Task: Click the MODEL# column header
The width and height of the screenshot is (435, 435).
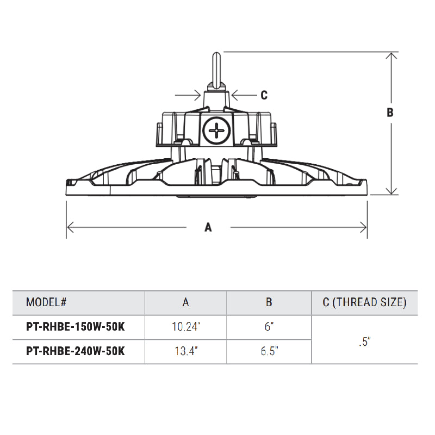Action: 46,302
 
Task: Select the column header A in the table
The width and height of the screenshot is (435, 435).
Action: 185,302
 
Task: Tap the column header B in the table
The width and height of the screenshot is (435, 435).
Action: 269,302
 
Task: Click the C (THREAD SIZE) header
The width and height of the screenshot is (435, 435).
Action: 364,302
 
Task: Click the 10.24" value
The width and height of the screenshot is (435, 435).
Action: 185,328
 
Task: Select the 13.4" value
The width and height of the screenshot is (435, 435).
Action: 185,351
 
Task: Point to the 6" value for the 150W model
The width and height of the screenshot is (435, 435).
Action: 269,328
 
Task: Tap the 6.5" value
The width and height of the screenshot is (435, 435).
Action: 269,351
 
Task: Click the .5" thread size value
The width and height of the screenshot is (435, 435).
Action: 364,342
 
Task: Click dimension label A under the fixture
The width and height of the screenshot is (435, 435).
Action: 208,228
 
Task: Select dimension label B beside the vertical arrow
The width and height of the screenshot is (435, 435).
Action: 389,113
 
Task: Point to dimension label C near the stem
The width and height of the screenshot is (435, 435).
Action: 264,95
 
